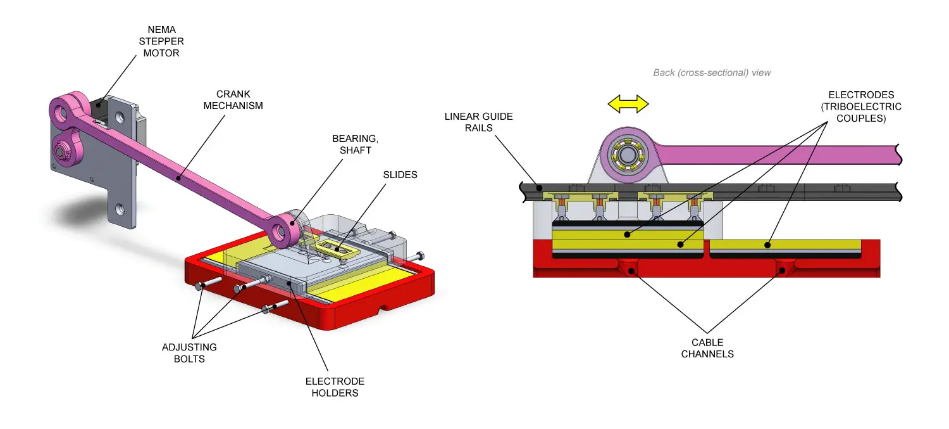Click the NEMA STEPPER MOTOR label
161,42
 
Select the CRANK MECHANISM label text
233,100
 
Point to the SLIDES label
400,174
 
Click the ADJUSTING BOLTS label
189,353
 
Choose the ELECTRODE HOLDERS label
335,387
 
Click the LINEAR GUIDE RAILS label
478,122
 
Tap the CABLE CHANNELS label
707,348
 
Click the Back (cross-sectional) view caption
712,73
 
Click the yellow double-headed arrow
628,104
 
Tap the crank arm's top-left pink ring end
63,113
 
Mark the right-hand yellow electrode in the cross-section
785,245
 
